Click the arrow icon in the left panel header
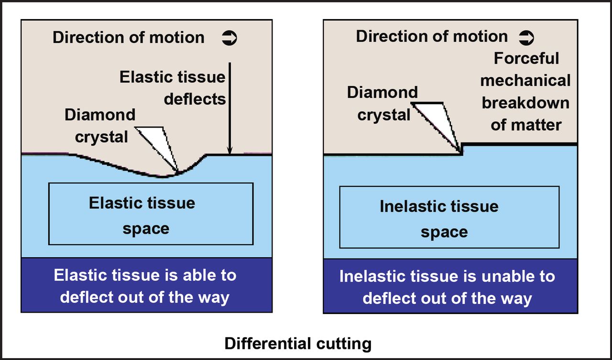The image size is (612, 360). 229,38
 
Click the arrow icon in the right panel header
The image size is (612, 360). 526,37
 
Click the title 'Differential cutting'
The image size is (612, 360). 298,343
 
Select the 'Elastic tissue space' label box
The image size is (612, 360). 151,214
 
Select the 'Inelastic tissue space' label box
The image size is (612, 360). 449,217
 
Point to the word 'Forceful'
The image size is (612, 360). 526,58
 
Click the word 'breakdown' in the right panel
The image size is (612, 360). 525,103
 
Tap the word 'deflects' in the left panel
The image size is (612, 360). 195,99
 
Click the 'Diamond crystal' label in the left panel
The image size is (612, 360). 100,126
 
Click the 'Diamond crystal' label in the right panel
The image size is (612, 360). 382,103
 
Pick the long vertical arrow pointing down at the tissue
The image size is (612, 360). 230,108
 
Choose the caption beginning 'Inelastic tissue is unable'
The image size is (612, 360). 448,287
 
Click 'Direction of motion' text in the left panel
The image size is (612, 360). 129,38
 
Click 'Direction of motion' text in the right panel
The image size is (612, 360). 432,36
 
